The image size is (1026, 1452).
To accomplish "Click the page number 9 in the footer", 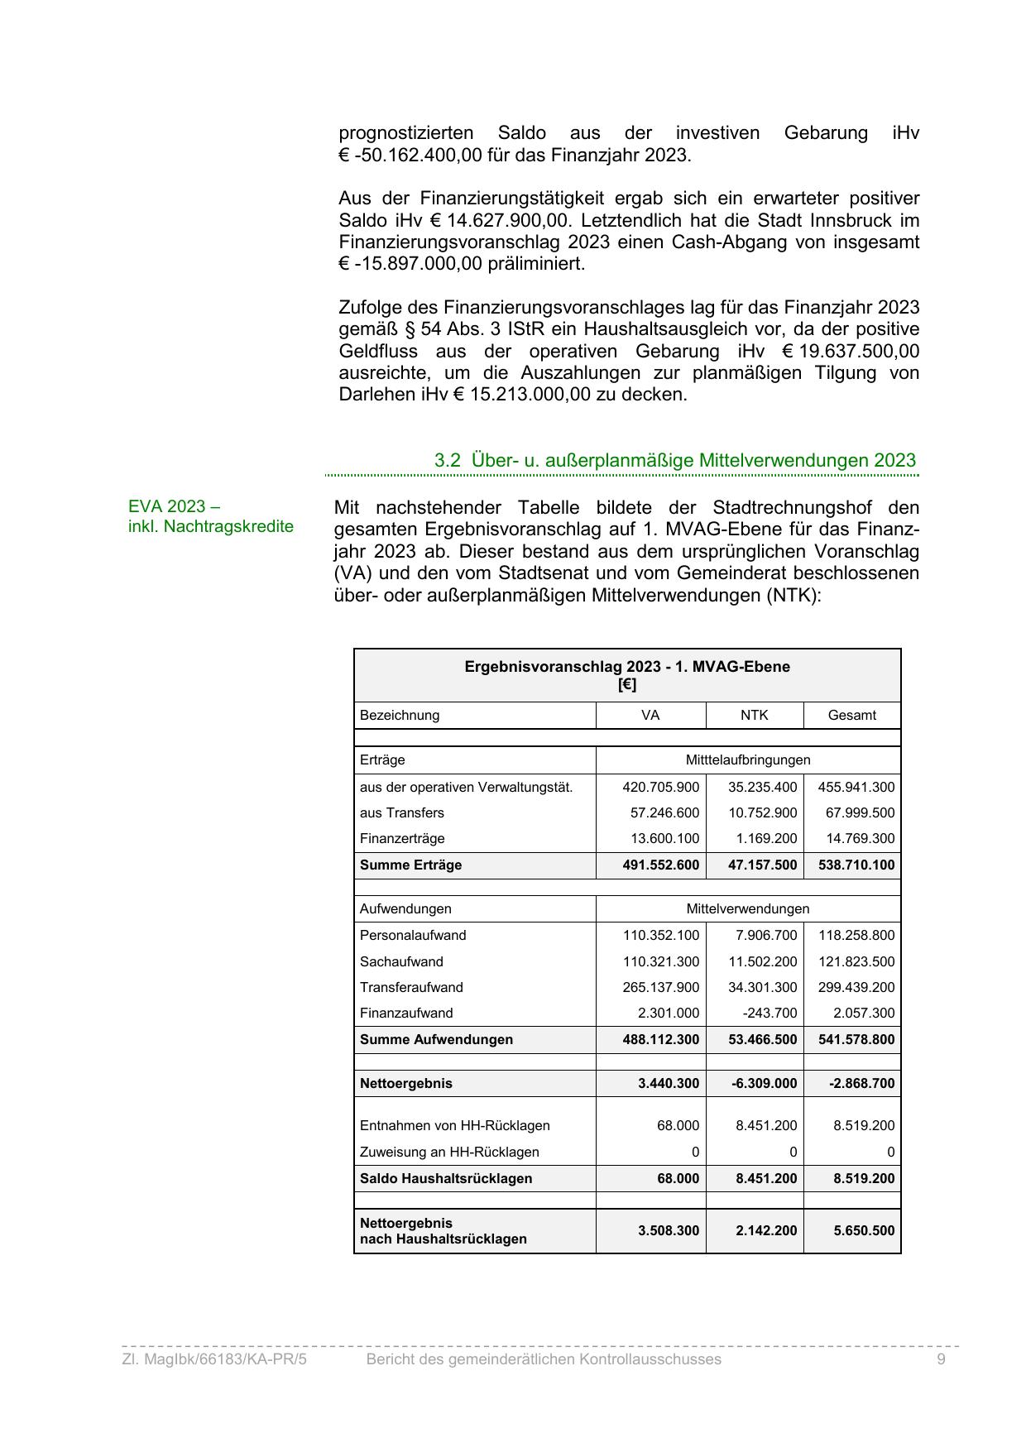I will (x=941, y=1359).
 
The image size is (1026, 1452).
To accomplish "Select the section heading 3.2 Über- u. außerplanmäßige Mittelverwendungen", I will (x=674, y=460).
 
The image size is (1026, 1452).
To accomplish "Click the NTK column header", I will (x=754, y=715).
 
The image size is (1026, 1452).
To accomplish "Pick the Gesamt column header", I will (x=851, y=715).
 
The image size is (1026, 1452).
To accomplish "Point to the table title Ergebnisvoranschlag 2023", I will (x=626, y=667).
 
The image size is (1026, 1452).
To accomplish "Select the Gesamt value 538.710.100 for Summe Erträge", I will (x=856, y=865).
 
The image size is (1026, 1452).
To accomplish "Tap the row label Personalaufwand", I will (x=413, y=935).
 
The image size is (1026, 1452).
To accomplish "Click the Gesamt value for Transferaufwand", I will (x=856, y=987).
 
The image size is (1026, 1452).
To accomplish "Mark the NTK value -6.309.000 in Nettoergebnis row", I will (x=765, y=1083).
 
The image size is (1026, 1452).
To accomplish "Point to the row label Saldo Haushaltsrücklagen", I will (x=446, y=1178).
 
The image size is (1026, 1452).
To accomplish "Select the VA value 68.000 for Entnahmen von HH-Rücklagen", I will (x=678, y=1125).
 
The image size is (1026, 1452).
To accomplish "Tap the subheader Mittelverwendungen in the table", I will (x=747, y=908).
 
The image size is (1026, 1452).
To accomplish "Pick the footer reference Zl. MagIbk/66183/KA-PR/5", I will (x=214, y=1359).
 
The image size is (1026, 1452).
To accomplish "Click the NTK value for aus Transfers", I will (x=762, y=812).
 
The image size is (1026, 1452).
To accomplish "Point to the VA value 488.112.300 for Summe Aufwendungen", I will (x=660, y=1039).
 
